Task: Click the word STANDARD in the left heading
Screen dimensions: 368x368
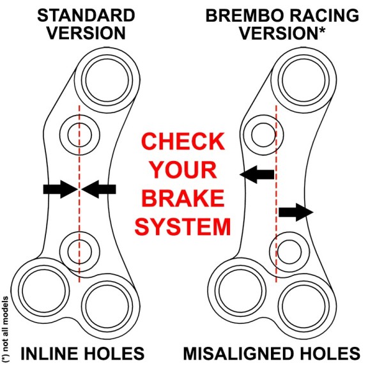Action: (x=79, y=13)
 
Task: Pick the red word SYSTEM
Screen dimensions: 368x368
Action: (x=185, y=227)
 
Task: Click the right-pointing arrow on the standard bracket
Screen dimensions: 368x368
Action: (x=59, y=188)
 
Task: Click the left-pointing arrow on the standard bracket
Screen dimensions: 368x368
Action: (x=99, y=188)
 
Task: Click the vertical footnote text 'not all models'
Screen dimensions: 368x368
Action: (x=6, y=326)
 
